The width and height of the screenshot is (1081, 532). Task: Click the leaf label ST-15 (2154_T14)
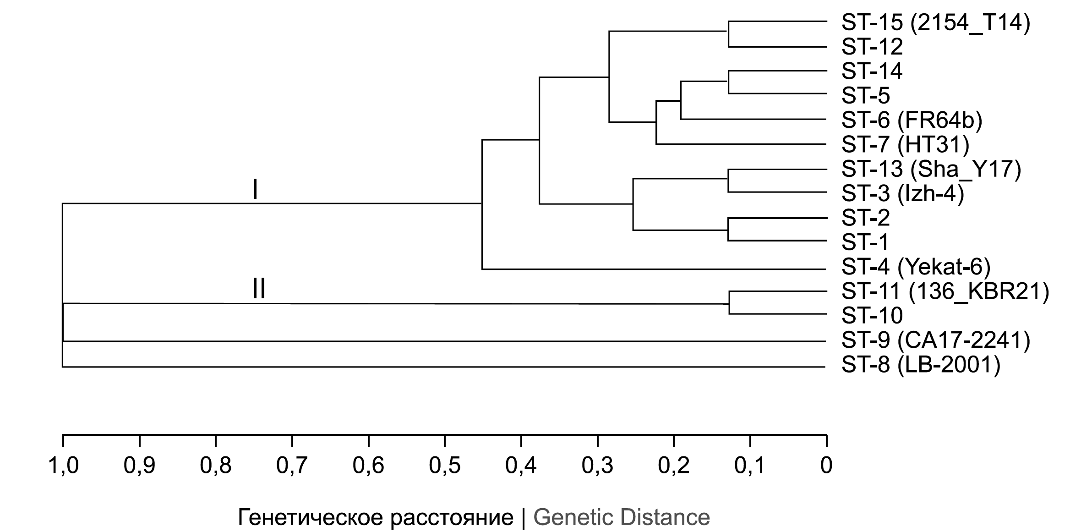[936, 22]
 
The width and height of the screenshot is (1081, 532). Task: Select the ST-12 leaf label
[872, 47]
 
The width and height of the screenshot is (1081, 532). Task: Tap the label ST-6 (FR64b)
[912, 121]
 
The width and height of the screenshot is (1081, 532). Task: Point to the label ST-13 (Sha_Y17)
[931, 170]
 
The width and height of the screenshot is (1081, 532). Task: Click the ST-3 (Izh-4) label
[903, 194]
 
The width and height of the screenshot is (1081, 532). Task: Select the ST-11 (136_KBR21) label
[945, 291]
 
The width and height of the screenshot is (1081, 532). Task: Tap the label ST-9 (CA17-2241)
[936, 340]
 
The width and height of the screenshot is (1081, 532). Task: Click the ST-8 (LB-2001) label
[921, 365]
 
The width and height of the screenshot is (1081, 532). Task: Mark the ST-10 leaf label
[872, 316]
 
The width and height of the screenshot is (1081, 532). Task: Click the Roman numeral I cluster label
[255, 190]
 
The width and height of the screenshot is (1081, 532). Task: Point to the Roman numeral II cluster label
[259, 289]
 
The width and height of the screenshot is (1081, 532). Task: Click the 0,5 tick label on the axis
[445, 466]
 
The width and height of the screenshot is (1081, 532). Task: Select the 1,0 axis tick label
[63, 466]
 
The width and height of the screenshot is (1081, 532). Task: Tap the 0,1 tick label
[750, 466]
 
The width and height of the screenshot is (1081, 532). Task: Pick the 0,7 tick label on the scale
[292, 466]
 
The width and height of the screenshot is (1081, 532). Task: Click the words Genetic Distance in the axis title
[622, 517]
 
